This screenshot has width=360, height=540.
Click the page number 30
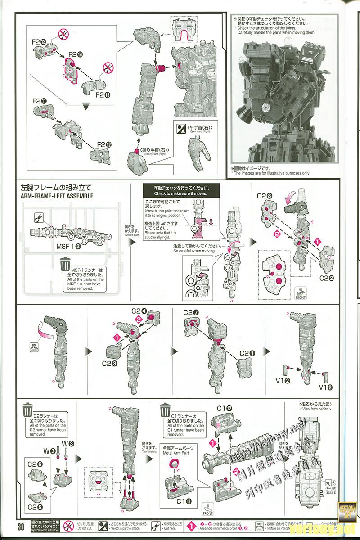coord(21,526)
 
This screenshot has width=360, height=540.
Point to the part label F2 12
coord(104,145)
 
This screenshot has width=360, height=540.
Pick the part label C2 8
coord(264,196)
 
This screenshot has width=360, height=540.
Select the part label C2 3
coord(111,363)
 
